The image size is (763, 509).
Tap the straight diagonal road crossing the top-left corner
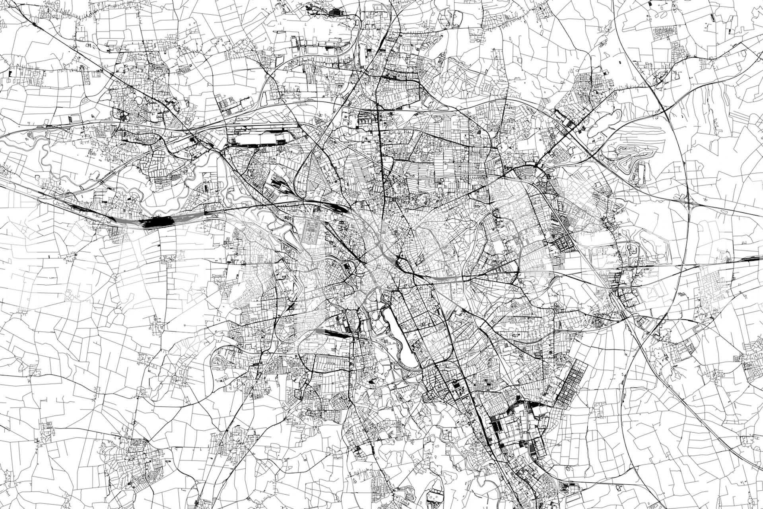click(60, 44)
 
